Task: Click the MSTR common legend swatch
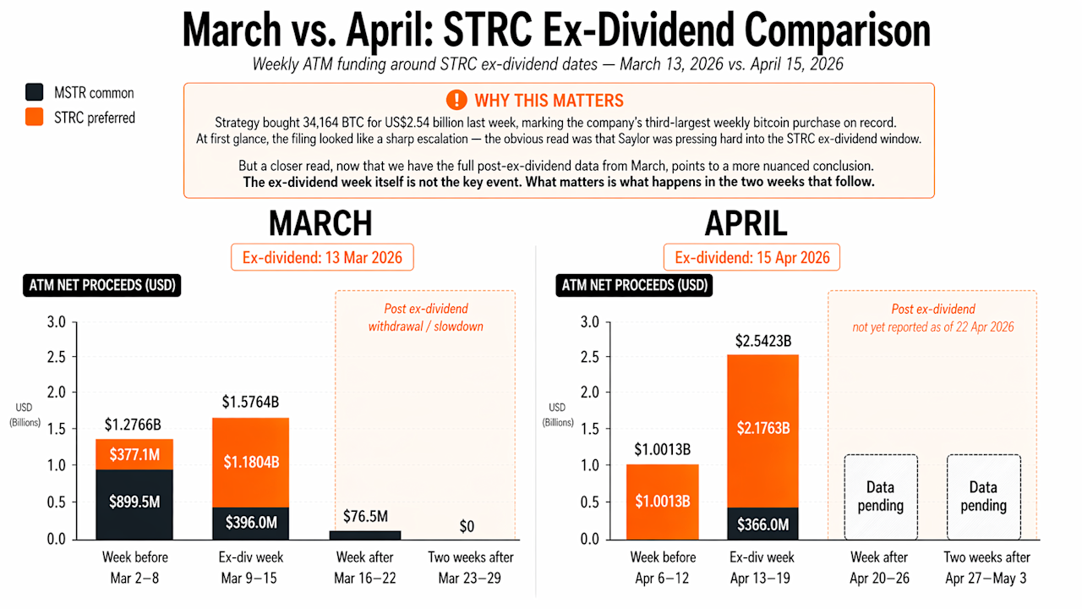click(35, 93)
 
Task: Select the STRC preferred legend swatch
click(35, 118)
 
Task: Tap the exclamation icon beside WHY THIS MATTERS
click(457, 100)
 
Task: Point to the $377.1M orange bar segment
click(134, 454)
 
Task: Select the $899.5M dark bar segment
click(134, 503)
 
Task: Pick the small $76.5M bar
click(365, 535)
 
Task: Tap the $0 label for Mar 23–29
click(467, 526)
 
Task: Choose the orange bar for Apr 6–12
click(663, 501)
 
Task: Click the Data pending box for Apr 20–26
click(881, 497)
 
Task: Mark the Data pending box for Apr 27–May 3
click(984, 497)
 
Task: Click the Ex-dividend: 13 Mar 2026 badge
click(322, 257)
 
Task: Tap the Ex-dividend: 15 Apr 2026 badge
click(751, 257)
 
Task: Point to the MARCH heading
click(320, 222)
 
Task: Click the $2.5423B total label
click(762, 342)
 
